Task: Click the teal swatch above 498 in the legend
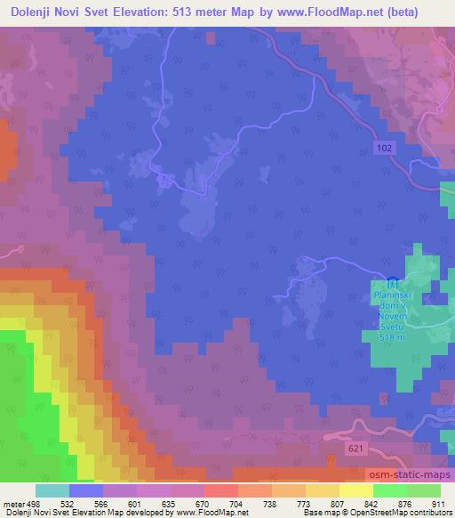coord(52,490)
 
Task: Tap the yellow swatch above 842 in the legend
coord(355,490)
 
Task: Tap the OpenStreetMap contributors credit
coord(405,514)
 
